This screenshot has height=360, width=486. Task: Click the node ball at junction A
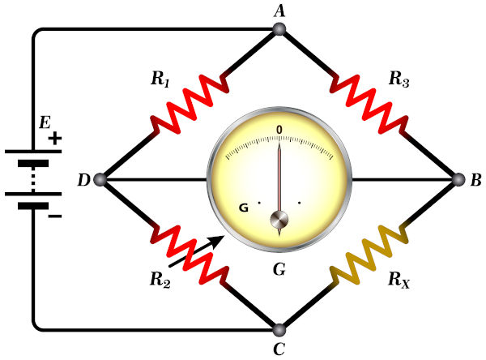click(279, 29)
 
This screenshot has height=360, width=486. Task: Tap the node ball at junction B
click(458, 180)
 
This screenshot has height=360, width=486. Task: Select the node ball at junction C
click(279, 330)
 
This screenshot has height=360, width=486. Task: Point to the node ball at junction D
click(100, 180)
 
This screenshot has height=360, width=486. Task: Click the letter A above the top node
click(279, 11)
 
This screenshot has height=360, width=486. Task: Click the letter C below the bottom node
click(279, 349)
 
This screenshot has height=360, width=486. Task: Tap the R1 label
click(160, 79)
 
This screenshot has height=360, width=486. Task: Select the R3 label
click(399, 79)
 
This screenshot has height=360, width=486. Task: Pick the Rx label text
click(399, 280)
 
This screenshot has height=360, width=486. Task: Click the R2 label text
click(160, 279)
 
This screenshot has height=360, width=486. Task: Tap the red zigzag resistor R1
click(190, 104)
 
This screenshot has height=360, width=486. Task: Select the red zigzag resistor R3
click(369, 104)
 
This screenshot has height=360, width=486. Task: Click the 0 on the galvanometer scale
click(279, 130)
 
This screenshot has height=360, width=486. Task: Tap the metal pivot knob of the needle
click(279, 220)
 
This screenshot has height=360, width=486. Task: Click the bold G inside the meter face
click(244, 208)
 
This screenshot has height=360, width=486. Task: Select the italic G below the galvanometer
click(279, 269)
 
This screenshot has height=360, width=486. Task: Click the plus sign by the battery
click(55, 139)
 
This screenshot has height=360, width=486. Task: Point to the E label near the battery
click(45, 123)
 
